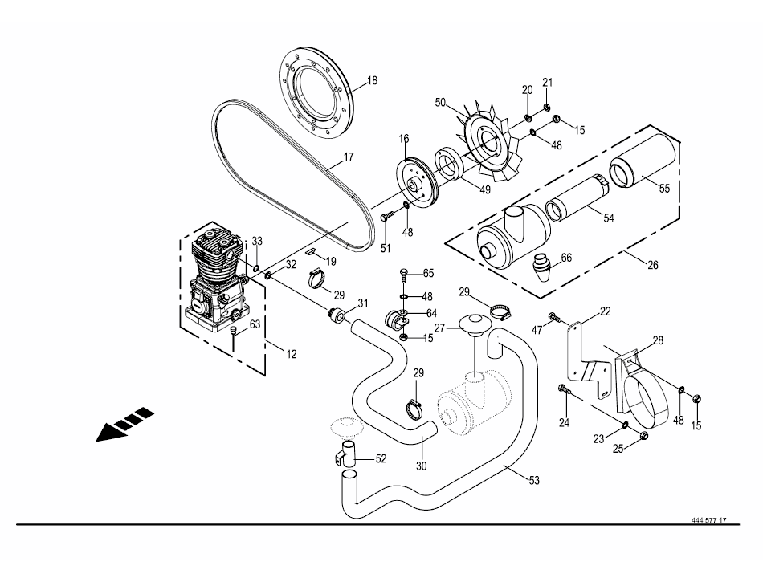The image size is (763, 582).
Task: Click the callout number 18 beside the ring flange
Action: [372, 81]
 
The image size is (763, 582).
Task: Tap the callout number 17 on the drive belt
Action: [349, 157]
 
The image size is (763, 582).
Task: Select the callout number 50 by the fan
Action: [440, 103]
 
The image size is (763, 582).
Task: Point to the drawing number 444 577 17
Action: [708, 520]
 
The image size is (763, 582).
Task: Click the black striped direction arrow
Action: [124, 425]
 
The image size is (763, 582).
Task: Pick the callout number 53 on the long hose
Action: [534, 480]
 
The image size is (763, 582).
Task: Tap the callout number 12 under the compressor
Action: [292, 354]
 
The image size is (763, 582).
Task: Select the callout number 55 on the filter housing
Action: [665, 189]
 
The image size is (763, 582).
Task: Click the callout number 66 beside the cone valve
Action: [566, 258]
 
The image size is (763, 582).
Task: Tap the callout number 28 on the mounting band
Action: [658, 340]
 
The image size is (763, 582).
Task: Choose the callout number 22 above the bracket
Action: [605, 311]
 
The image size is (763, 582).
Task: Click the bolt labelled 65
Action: [403, 275]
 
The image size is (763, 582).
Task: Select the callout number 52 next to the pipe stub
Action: [381, 458]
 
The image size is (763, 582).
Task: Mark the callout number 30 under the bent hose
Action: [422, 466]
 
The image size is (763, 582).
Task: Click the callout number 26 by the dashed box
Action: [653, 265]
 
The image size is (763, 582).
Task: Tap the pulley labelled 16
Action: [417, 181]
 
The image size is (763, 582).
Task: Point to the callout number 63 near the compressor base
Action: [255, 324]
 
